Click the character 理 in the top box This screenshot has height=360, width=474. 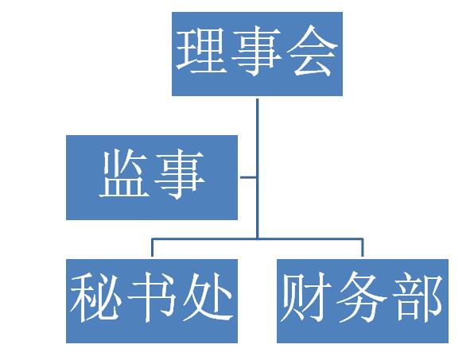coord(202,51)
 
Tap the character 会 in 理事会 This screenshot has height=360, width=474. coord(312,51)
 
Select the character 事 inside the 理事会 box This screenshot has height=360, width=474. coord(257,51)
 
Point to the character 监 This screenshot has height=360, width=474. coord(125,174)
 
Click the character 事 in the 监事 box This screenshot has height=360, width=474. coord(180,175)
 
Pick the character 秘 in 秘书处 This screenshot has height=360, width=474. coord(96,297)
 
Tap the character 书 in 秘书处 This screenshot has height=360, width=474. coord(151,297)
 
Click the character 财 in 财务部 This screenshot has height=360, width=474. coord(307,297)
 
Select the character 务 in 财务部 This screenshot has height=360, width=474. coord(362,297)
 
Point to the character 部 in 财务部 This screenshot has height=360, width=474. coord(418,297)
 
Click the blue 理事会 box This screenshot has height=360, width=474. coord(257,54)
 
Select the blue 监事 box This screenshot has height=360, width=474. coord(152,177)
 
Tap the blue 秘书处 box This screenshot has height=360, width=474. coord(152,301)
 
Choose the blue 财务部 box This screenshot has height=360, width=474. coord(363,301)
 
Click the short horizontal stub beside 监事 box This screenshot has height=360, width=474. coord(248,177)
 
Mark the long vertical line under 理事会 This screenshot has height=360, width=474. coord(257,169)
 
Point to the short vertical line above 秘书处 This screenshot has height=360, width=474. coord(152,248)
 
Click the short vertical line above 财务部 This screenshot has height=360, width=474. coord(363,248)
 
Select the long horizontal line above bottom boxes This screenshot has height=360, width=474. coord(257,239)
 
